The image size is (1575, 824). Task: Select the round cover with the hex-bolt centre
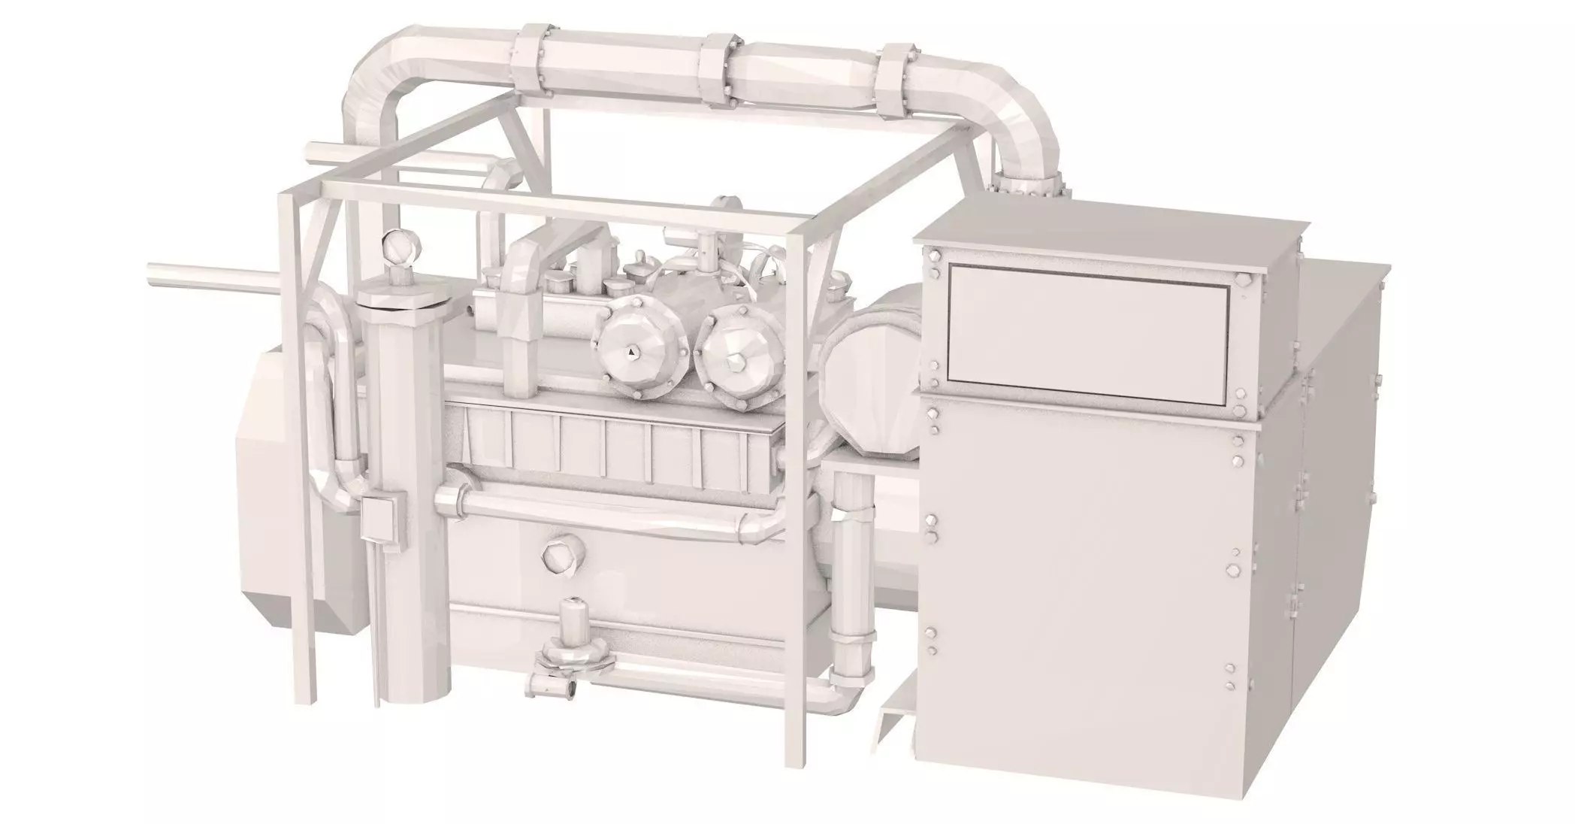(x=734, y=362)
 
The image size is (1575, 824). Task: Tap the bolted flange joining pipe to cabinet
(x=1025, y=184)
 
